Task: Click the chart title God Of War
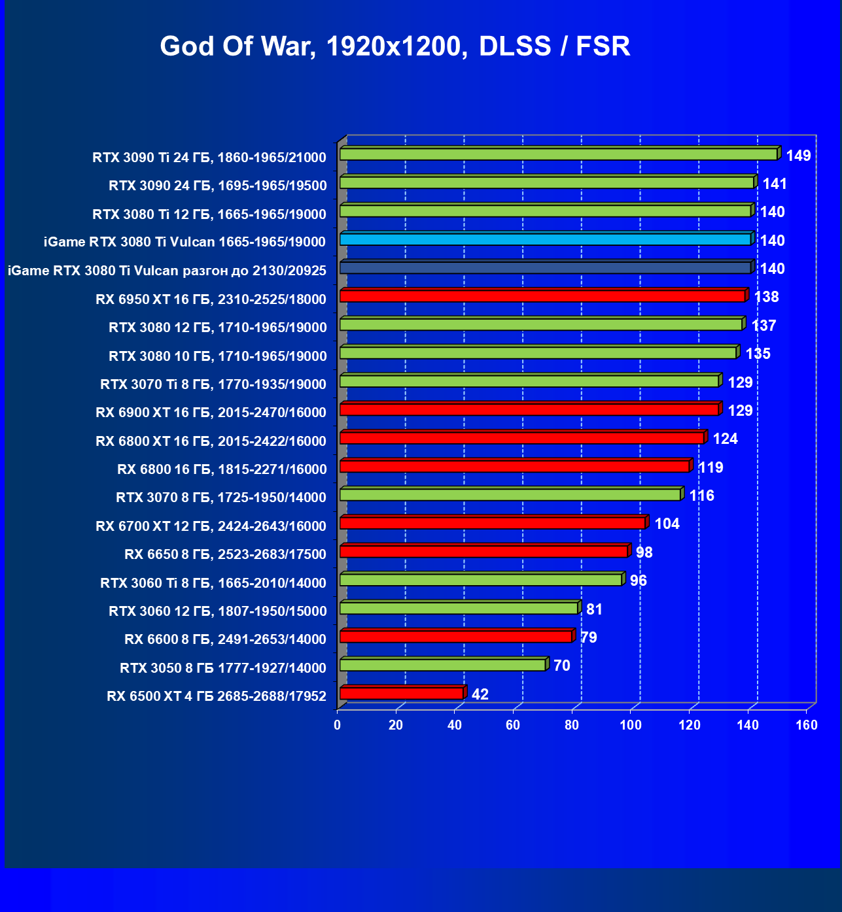[x=395, y=46]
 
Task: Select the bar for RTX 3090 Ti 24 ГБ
[x=558, y=154]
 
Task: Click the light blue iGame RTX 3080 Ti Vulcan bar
[x=545, y=239]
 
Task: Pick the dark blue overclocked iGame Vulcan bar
[x=545, y=267]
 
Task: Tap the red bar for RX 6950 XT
[x=542, y=296]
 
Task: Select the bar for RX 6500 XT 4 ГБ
[x=401, y=694]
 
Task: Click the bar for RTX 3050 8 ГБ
[x=442, y=665]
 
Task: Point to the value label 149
[x=798, y=156]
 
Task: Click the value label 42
[x=480, y=694]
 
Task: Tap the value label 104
[x=667, y=524]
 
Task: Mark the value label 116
[x=701, y=496]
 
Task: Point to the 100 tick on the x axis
[x=631, y=725]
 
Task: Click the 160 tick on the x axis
[x=807, y=725]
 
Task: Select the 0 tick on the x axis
[x=337, y=725]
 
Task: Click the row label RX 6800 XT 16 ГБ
[x=211, y=441]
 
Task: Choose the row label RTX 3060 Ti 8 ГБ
[x=213, y=583]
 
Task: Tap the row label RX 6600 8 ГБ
[x=225, y=639]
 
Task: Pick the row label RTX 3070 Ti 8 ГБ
[x=213, y=384]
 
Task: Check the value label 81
[x=594, y=609]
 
